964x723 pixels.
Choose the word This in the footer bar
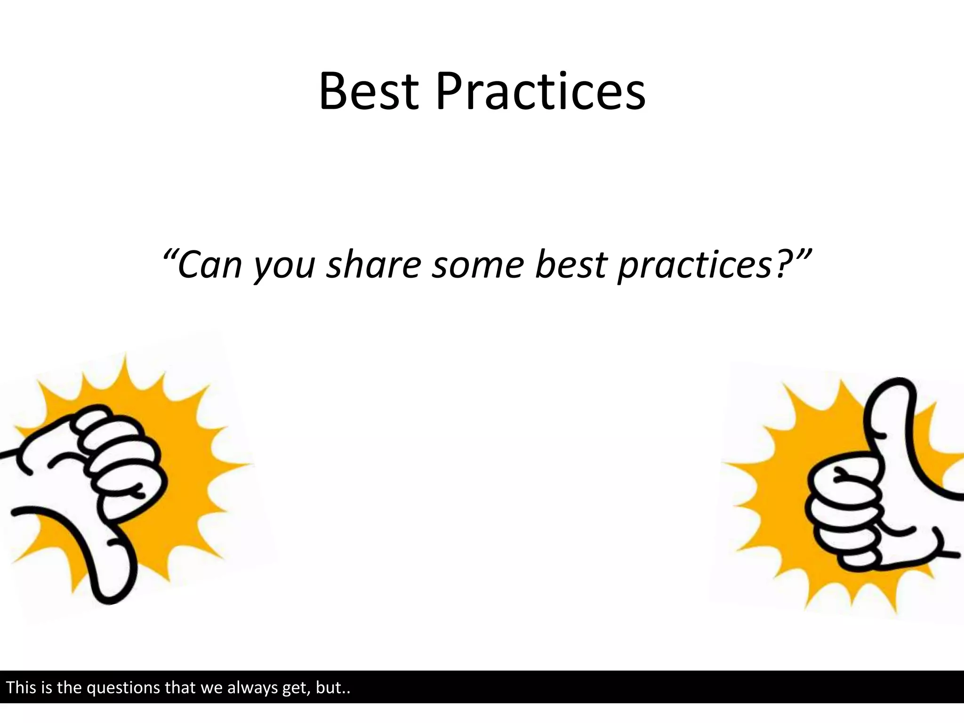pyautogui.click(x=21, y=688)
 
